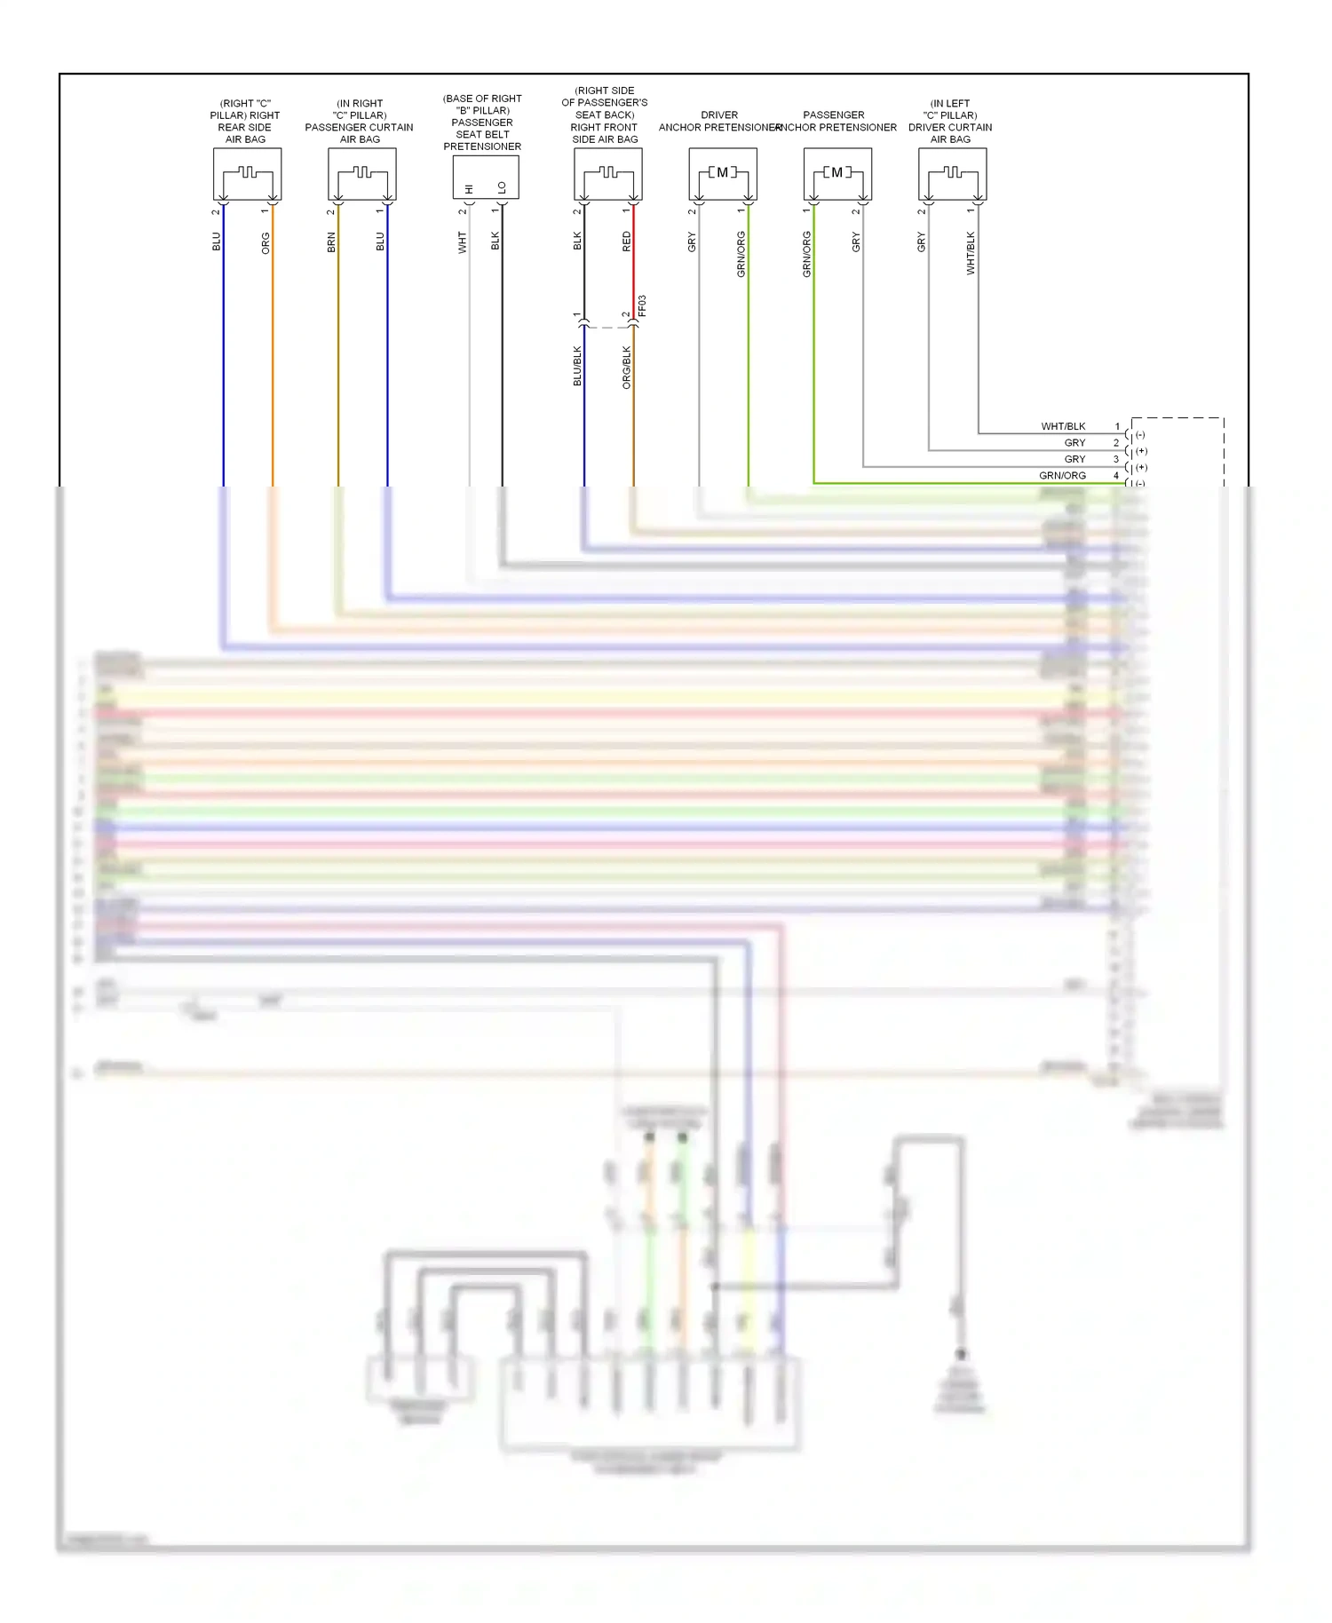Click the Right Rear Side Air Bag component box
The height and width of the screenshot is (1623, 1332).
coord(247,174)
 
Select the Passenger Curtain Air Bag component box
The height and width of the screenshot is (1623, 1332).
coord(362,174)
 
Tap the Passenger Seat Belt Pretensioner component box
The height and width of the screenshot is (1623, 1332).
coord(485,178)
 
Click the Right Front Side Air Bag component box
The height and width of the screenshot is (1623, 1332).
coord(608,174)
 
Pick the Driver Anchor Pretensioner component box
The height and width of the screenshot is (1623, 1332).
coord(723,174)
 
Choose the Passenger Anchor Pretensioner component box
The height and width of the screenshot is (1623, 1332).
coord(837,174)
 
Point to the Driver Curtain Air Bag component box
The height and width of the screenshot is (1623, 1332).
coord(952,174)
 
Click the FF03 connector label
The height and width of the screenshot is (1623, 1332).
coord(642,306)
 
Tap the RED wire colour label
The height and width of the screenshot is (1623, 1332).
coord(627,241)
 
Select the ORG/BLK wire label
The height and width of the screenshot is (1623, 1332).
coord(627,368)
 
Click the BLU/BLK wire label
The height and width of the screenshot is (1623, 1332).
coord(577,366)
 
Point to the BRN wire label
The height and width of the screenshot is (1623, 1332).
coord(331,242)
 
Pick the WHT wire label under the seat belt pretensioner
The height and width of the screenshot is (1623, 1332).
coord(463,242)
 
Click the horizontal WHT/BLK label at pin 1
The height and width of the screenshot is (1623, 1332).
coord(1063,427)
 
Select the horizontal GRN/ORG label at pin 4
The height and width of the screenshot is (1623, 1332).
coord(1062,476)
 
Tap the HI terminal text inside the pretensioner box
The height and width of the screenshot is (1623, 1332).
coord(470,189)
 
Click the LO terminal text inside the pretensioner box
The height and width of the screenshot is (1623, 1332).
coord(502,187)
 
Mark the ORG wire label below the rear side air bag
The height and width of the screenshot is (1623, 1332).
coord(266,243)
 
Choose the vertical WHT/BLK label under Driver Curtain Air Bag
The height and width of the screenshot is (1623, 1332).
coord(971,253)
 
